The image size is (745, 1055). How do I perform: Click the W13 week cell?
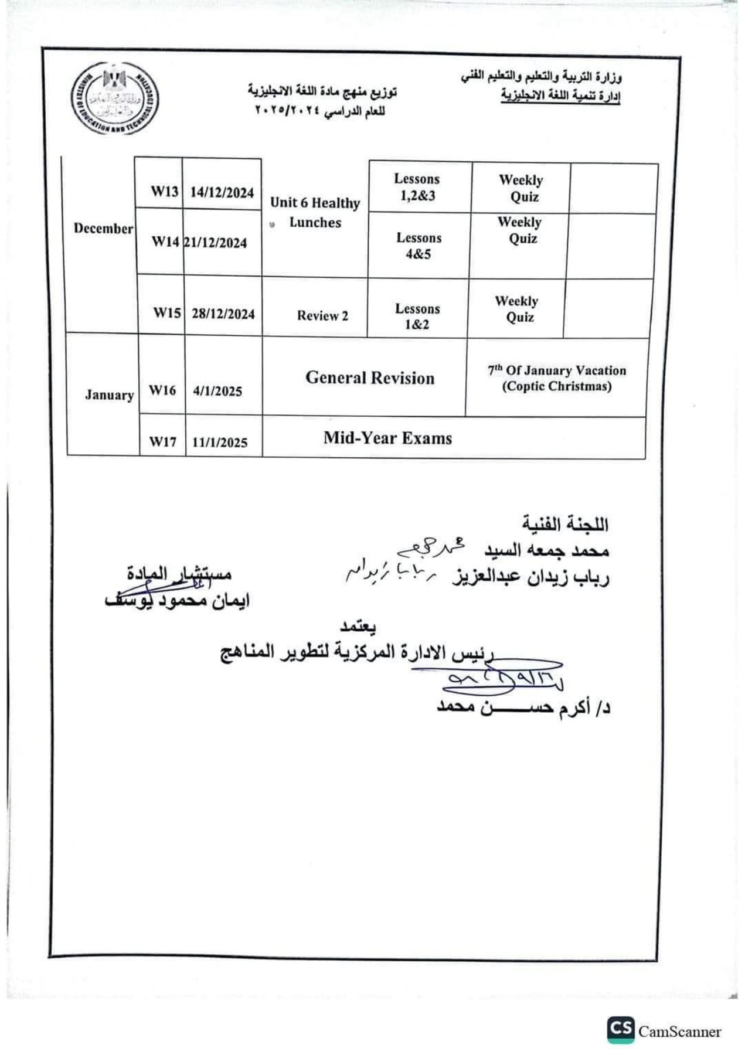pyautogui.click(x=165, y=192)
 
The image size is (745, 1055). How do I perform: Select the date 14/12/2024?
pyautogui.click(x=222, y=192)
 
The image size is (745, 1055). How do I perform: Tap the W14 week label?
pyautogui.click(x=165, y=242)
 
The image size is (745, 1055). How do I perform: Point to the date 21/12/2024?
pyautogui.click(x=216, y=243)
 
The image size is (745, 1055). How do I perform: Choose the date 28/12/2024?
pyautogui.click(x=223, y=314)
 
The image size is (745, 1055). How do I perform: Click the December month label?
pyautogui.click(x=103, y=228)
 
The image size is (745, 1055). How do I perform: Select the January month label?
pyautogui.click(x=109, y=394)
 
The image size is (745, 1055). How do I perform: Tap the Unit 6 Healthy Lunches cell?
pyautogui.click(x=315, y=212)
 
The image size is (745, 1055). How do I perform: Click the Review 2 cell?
pyautogui.click(x=322, y=315)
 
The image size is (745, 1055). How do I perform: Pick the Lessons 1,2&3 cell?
pyautogui.click(x=417, y=187)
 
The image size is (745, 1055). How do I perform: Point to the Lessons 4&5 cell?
pyautogui.click(x=419, y=246)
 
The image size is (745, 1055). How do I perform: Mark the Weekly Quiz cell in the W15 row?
pyautogui.click(x=516, y=309)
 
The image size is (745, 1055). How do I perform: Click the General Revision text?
pyautogui.click(x=370, y=378)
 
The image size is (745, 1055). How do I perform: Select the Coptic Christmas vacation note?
pyautogui.click(x=557, y=378)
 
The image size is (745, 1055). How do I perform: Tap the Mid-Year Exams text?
pyautogui.click(x=387, y=438)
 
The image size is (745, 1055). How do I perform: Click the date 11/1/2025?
pyautogui.click(x=220, y=443)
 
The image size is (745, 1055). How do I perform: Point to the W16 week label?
pyautogui.click(x=162, y=390)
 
